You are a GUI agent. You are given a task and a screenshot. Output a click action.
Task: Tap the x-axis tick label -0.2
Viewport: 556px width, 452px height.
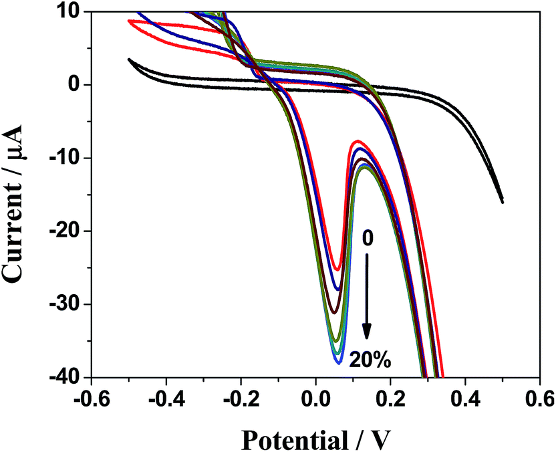(x=241, y=399)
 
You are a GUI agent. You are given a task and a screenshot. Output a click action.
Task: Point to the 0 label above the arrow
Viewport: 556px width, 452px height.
(x=366, y=237)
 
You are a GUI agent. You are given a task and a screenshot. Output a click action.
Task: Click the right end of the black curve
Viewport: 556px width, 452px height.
(x=502, y=201)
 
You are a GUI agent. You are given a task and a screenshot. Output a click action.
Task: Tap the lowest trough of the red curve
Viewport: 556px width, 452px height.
(x=337, y=269)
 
